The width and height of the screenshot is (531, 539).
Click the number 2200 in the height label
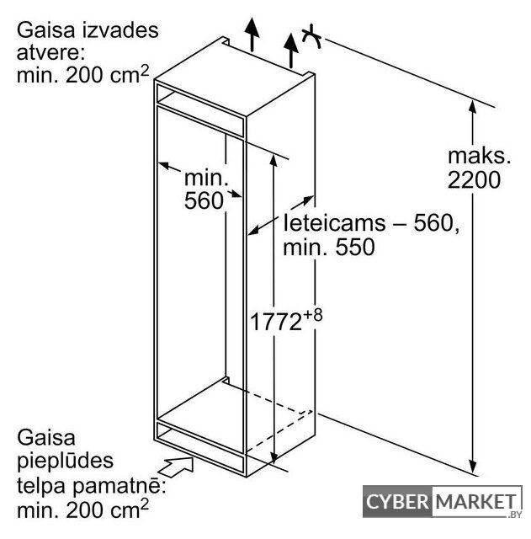[x=474, y=179]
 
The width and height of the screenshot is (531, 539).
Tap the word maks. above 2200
[x=480, y=156]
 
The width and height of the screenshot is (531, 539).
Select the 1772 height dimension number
[x=276, y=322]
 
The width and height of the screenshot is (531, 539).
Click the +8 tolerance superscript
[x=312, y=315]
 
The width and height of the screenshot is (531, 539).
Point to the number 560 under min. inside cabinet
[x=204, y=200]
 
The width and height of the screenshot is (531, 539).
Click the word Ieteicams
[x=335, y=222]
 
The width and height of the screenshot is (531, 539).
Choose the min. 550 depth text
[x=329, y=247]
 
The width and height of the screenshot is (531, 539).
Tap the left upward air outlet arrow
[x=252, y=35]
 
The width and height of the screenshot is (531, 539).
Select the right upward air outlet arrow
[x=291, y=51]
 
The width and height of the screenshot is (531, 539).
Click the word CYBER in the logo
[x=397, y=502]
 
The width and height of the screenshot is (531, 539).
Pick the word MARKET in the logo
[x=476, y=502]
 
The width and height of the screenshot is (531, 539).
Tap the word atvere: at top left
[x=50, y=52]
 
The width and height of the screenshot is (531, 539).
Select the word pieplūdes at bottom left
[x=66, y=461]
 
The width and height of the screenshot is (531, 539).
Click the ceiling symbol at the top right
[x=311, y=36]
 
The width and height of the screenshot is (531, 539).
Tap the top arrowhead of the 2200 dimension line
[x=473, y=107]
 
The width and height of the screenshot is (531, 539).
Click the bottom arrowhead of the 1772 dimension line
[x=273, y=456]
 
